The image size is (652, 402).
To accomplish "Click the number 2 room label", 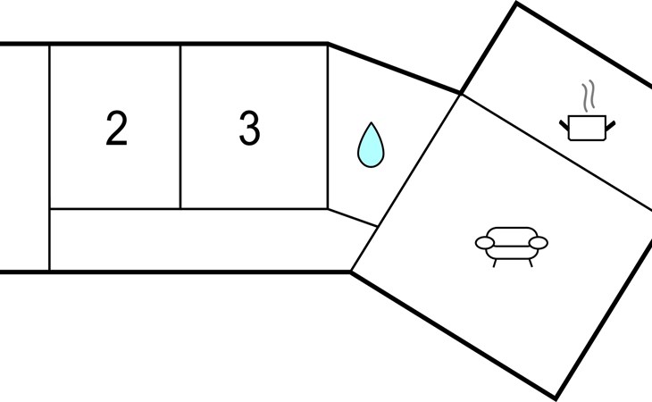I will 116,130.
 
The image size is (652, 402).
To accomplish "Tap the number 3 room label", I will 249,130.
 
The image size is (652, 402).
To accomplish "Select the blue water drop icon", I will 370,144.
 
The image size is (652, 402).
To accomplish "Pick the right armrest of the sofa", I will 539,242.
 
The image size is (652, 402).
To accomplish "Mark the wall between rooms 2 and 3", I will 180,126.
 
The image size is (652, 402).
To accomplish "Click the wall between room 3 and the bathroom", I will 328,126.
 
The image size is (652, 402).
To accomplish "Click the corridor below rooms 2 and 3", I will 196,239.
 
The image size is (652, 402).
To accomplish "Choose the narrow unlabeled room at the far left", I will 24,157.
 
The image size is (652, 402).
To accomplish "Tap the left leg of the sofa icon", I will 494,262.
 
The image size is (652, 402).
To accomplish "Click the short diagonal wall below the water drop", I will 352,218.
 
